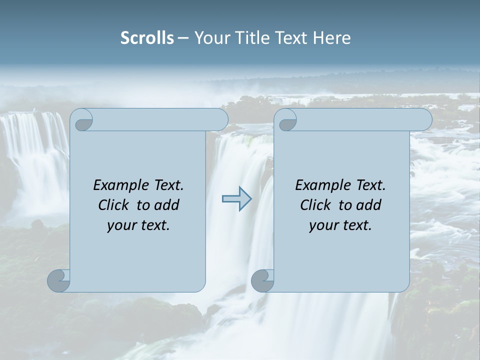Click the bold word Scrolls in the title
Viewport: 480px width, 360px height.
coord(147,38)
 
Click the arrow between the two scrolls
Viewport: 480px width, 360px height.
coord(237,199)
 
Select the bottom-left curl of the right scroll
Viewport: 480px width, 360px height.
coord(263,280)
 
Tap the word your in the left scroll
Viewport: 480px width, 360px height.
coord(120,225)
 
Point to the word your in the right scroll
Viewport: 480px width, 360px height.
coord(322,225)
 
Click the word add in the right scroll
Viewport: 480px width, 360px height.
coord(368,205)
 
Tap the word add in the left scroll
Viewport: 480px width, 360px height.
coord(166,205)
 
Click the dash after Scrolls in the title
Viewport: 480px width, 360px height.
coord(183,38)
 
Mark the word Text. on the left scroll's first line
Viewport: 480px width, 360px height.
coord(168,185)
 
